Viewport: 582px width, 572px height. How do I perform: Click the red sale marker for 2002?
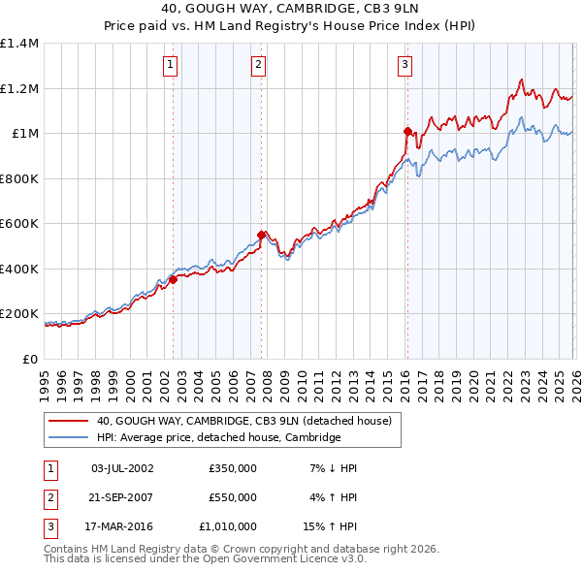[x=173, y=279]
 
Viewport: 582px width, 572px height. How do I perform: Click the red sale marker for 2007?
[x=262, y=234]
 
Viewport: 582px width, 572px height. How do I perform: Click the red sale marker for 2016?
[x=407, y=130]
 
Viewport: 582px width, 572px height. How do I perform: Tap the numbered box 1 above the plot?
[x=171, y=65]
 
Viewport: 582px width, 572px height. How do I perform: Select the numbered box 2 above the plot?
[x=259, y=65]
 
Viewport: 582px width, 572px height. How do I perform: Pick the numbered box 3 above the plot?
[x=404, y=65]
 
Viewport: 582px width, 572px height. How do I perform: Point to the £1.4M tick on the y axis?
[x=19, y=44]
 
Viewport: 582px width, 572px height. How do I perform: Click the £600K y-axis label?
[x=19, y=224]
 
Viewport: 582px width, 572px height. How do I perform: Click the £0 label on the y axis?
[x=29, y=359]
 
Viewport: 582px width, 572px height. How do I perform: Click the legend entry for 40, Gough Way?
[x=243, y=421]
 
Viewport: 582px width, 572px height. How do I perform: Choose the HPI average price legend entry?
[x=218, y=437]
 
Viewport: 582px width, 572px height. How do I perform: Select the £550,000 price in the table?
[x=232, y=497]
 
